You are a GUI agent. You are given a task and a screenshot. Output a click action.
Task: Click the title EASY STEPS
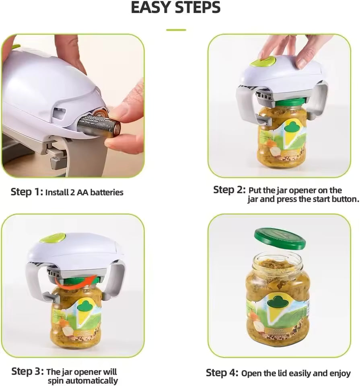(x=176, y=8)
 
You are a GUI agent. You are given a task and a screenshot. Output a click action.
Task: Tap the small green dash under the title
(x=176, y=30)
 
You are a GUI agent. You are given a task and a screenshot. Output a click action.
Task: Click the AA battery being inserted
(x=99, y=125)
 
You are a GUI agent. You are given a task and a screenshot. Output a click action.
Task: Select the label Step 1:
(x=27, y=192)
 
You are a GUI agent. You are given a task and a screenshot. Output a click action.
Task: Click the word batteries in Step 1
(x=107, y=193)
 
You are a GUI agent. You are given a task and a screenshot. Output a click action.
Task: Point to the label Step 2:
(x=229, y=190)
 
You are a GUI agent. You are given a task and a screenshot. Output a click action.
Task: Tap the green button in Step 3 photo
(x=52, y=238)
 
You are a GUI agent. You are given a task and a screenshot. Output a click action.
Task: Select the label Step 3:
(x=27, y=371)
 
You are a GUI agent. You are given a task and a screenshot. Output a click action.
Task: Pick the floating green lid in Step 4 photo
(x=280, y=238)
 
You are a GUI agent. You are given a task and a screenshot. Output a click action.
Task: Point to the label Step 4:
(x=222, y=373)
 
